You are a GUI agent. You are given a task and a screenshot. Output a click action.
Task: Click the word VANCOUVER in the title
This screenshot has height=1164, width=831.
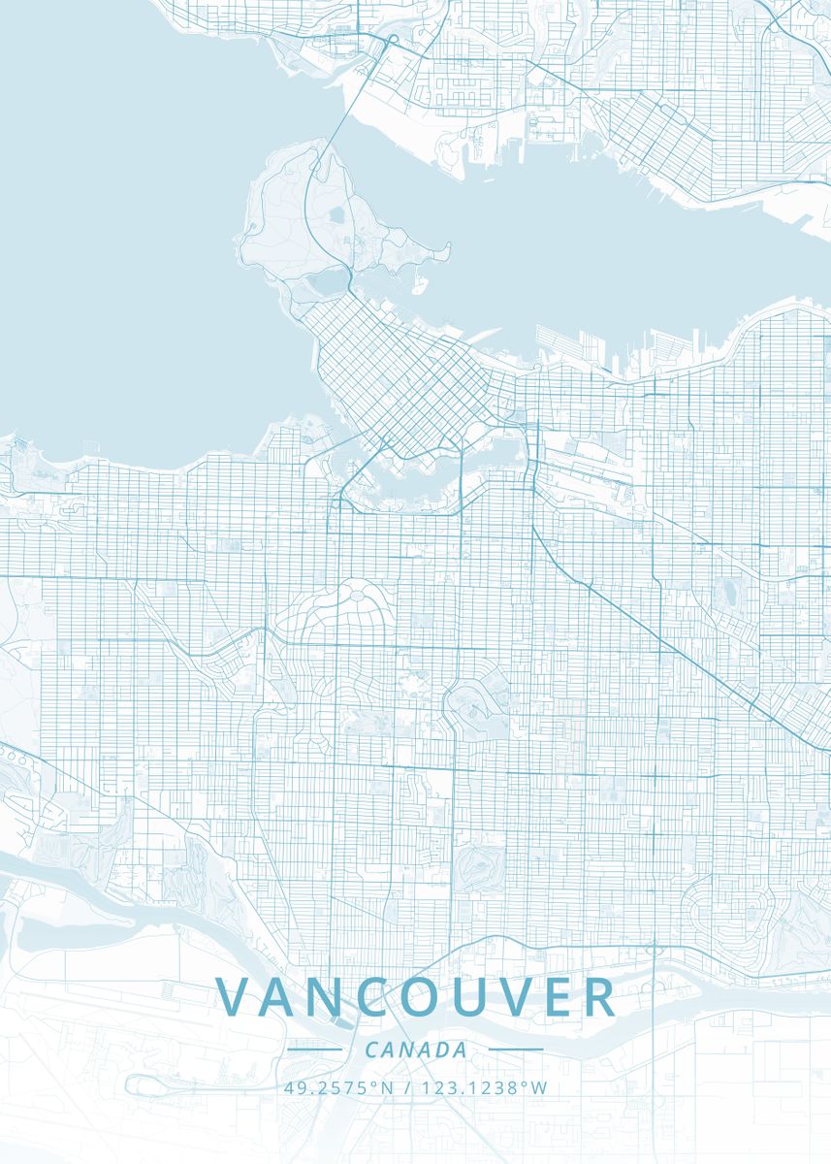click(416, 997)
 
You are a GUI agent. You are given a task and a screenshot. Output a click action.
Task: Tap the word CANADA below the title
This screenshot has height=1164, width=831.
click(416, 1051)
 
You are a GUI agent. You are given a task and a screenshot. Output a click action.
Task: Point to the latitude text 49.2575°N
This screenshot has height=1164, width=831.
click(339, 1087)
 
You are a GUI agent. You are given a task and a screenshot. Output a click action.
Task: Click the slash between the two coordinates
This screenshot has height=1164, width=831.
click(405, 1087)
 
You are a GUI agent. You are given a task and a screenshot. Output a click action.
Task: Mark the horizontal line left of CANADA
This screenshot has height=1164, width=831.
click(315, 1050)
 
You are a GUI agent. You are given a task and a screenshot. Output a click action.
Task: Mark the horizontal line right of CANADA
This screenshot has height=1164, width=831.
click(516, 1050)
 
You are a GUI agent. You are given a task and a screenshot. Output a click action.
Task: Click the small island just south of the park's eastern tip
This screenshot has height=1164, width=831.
click(420, 287)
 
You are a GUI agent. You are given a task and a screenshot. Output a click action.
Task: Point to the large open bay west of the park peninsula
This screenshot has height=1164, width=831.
click(116, 242)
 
